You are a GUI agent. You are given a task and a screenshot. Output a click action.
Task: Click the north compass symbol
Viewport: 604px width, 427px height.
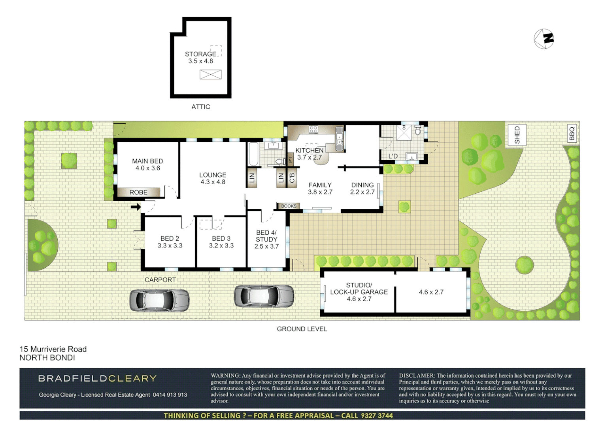coord(544,39)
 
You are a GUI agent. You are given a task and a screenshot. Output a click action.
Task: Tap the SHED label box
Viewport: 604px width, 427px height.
coord(517,135)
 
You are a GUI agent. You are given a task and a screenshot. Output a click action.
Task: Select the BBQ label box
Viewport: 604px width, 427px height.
coord(571,133)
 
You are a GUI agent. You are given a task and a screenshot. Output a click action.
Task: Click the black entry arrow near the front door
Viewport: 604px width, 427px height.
coord(136,207)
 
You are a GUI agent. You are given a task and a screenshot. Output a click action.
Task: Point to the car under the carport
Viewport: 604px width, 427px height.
coord(160,300)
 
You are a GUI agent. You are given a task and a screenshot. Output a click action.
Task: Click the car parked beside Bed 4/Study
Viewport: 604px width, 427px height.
coord(264,296)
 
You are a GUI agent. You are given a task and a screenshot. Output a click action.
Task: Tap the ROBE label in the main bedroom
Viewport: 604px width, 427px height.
coord(138,193)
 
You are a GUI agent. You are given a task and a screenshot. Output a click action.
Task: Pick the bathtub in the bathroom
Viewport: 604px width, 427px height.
coord(253,154)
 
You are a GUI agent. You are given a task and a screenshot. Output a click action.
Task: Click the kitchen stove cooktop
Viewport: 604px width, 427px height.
coord(313,129)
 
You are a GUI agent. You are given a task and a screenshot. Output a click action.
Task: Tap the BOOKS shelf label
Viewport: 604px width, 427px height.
coord(289,206)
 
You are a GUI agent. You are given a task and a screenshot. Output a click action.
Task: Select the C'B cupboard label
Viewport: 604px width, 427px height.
coord(292,178)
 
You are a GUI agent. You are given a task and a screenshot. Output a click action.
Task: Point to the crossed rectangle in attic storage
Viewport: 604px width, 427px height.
coord(210,74)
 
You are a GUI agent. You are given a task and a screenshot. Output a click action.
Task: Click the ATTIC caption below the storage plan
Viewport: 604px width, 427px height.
coord(200,107)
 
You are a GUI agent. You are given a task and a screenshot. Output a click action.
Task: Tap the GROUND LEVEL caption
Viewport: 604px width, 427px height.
coord(302,329)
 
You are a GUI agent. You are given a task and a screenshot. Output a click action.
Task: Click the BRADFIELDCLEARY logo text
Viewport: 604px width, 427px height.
coord(97,378)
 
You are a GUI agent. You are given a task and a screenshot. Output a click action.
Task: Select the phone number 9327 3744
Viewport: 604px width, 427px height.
coord(377,416)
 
